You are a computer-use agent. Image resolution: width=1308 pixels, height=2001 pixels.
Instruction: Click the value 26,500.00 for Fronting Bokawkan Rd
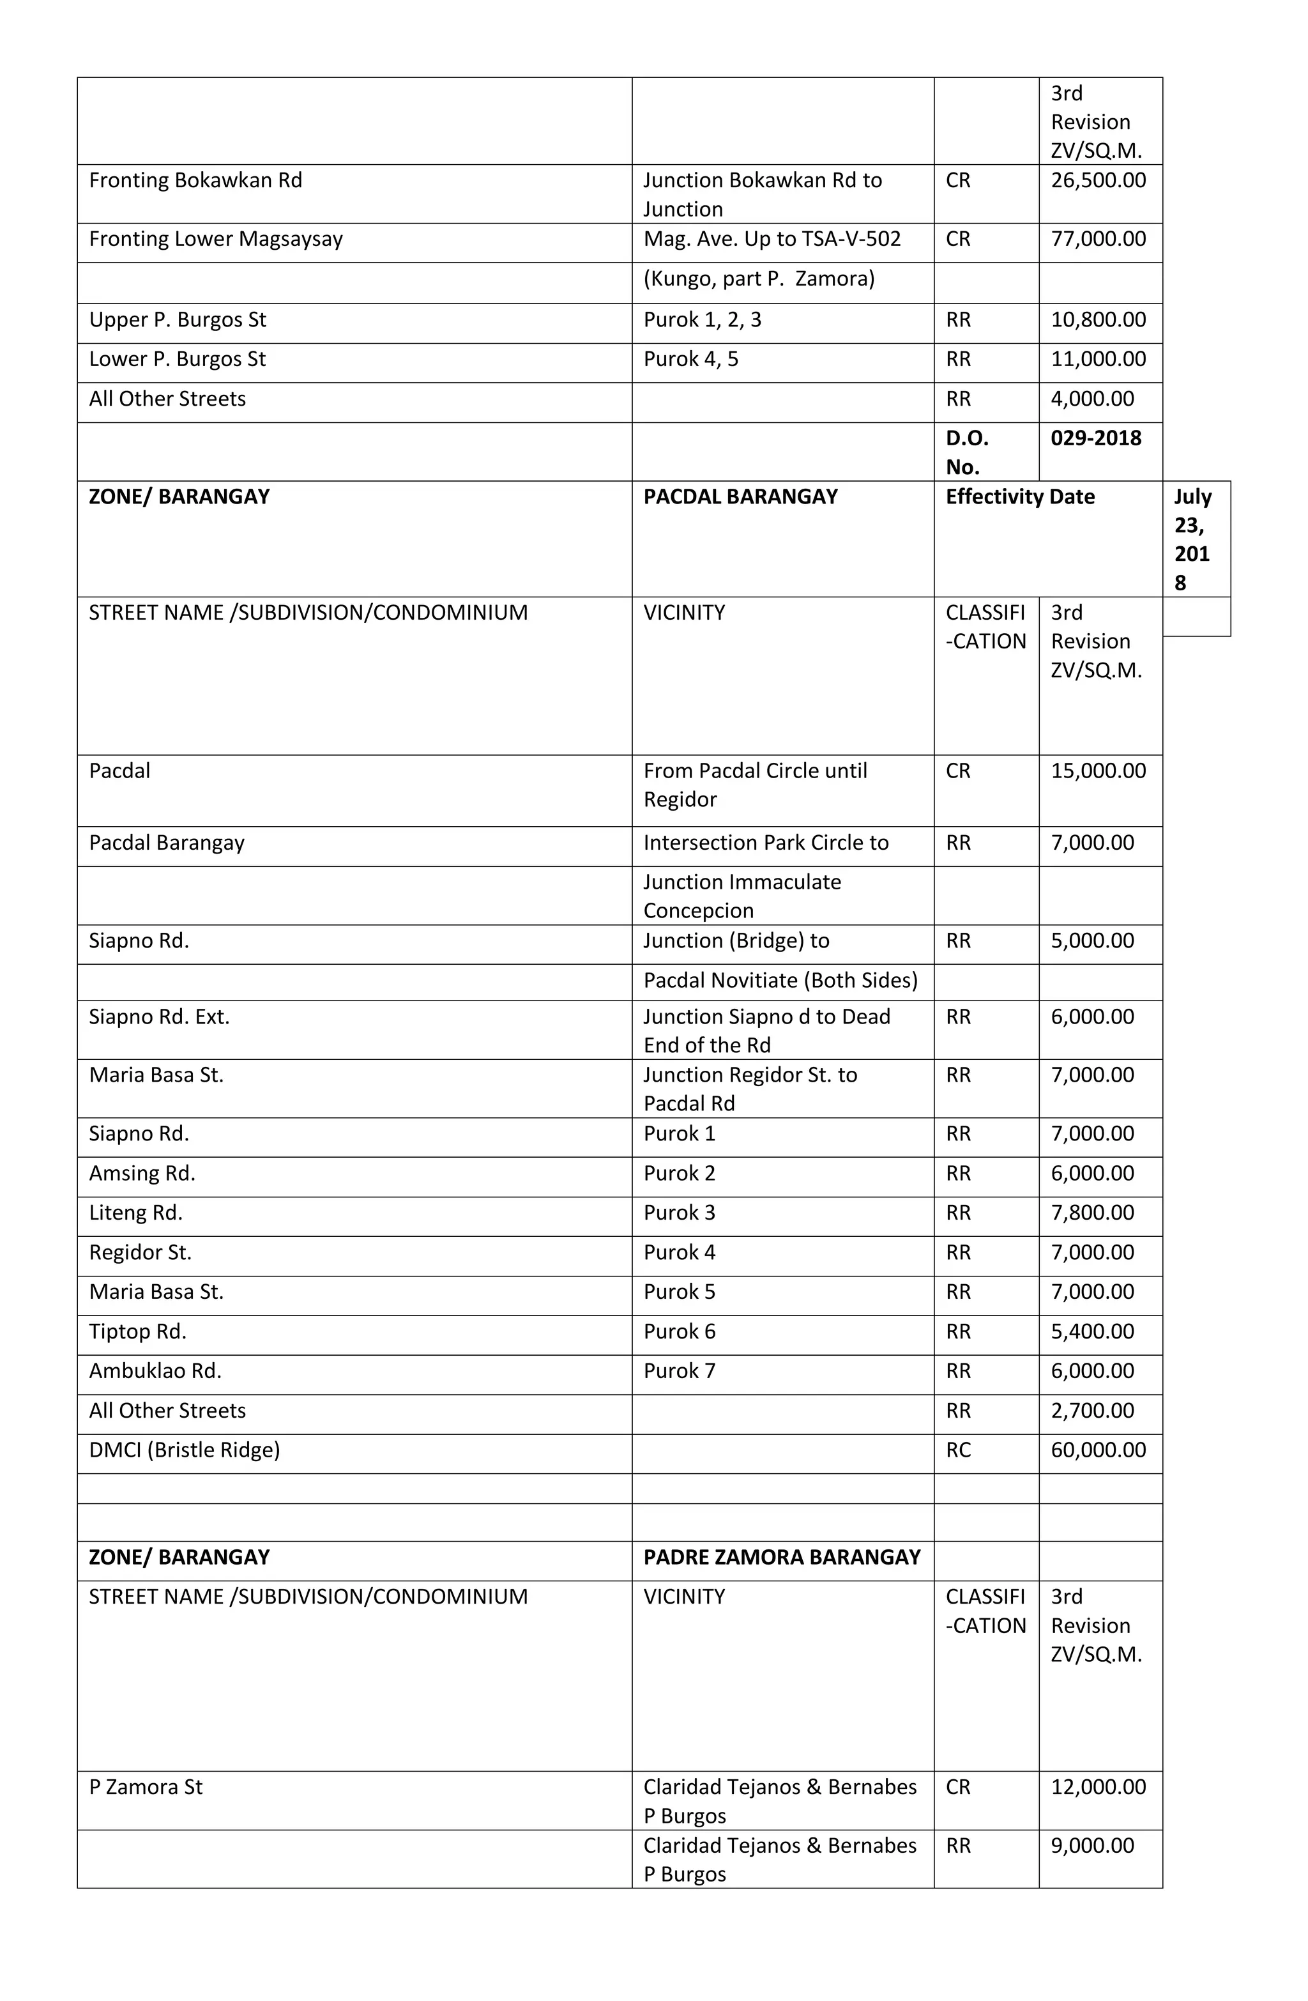(x=1098, y=181)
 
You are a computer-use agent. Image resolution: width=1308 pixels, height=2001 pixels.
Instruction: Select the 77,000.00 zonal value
(x=1098, y=239)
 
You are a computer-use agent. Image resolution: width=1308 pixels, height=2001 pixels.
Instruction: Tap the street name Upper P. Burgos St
(x=178, y=320)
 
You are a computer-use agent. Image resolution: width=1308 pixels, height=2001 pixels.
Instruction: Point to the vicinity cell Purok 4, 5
(x=690, y=360)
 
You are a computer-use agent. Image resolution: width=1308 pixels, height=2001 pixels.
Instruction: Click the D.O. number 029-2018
(x=1095, y=438)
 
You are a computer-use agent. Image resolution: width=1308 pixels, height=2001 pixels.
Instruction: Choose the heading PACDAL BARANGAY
(x=740, y=497)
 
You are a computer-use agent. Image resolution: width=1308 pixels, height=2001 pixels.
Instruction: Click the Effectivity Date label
(x=1020, y=497)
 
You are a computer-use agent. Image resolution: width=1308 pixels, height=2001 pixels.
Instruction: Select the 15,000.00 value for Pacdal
(x=1098, y=771)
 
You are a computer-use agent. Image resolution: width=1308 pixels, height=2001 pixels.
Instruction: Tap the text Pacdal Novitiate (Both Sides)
(x=780, y=980)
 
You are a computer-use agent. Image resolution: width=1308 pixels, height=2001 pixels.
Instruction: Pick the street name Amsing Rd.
(x=142, y=1174)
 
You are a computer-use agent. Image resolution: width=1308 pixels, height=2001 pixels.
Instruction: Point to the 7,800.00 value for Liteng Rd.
(x=1092, y=1213)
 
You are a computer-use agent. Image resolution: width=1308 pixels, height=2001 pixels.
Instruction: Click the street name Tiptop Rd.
(x=138, y=1331)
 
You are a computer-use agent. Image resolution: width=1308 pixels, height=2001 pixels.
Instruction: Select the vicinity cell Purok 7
(x=679, y=1371)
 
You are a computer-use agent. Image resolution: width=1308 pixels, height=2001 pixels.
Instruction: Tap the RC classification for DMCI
(x=958, y=1450)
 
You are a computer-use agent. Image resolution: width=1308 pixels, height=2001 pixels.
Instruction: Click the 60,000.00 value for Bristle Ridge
(x=1098, y=1450)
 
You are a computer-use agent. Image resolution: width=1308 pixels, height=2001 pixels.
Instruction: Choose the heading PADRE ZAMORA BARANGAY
(x=782, y=1557)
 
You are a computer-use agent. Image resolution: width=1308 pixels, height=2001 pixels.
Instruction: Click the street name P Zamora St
(x=146, y=1788)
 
